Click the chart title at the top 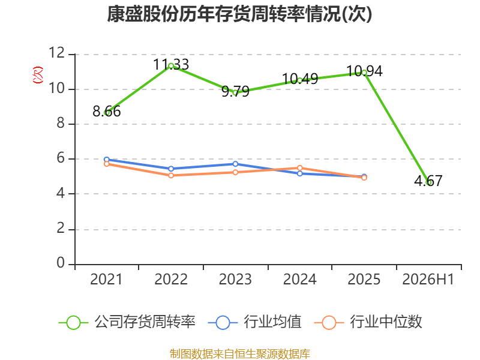pos(239,14)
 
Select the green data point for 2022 pos(171,66)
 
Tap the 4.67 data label pos(428,181)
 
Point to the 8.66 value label pos(107,112)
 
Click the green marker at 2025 pos(364,73)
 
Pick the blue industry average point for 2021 pos(107,160)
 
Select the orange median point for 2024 pos(299,168)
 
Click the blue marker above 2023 pos(235,164)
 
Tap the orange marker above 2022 pos(171,175)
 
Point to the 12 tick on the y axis pos(57,53)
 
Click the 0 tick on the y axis pos(61,263)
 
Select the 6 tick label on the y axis pos(61,158)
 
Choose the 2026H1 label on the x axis pos(428,280)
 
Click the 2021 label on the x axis pos(106,280)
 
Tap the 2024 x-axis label pos(299,280)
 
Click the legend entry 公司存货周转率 pos(127,322)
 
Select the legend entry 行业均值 pos(254,322)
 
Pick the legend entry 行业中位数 pos(368,322)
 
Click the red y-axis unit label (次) pos(38,75)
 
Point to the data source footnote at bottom pos(239,354)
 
